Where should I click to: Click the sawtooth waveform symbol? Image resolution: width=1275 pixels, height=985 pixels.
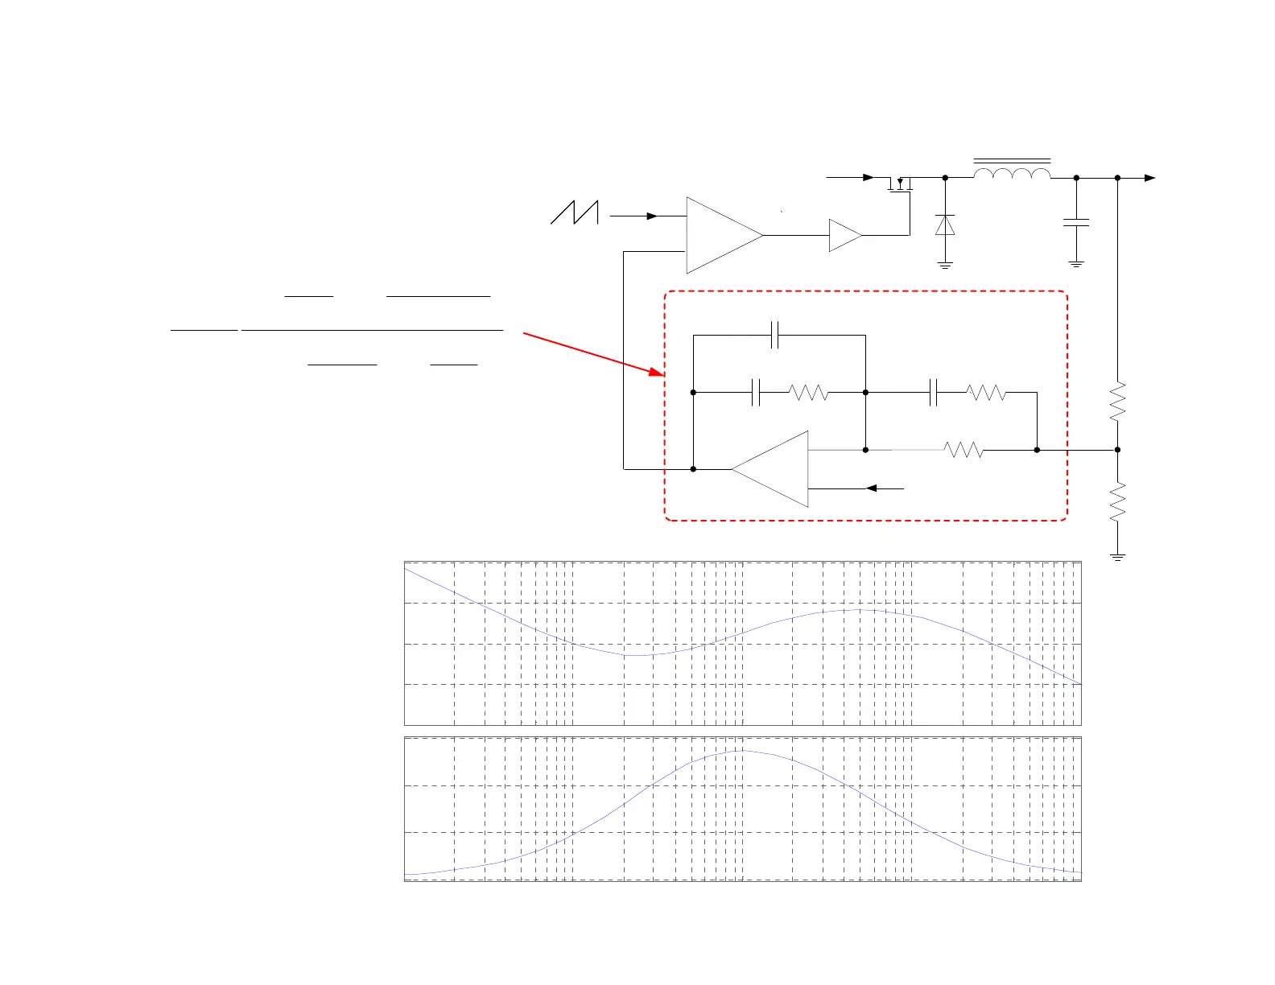click(x=575, y=212)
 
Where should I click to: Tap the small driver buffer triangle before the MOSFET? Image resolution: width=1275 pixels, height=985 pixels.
click(x=844, y=235)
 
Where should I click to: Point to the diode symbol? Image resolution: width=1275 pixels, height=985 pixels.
click(x=945, y=225)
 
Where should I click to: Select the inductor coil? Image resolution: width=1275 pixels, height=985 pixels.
click(x=1012, y=174)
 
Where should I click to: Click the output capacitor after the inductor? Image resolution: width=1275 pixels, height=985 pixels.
click(x=1076, y=222)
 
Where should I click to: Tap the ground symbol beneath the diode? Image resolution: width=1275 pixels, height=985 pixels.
click(x=945, y=265)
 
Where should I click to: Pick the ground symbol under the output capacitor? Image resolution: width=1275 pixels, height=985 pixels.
click(x=1076, y=264)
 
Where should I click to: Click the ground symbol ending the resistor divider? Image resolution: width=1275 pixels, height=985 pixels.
click(x=1117, y=556)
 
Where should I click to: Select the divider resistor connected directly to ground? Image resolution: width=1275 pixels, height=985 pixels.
click(x=1117, y=502)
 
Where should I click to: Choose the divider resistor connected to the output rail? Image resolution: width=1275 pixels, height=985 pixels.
click(x=1117, y=402)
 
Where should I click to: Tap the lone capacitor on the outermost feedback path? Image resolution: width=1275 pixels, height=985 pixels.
click(x=775, y=335)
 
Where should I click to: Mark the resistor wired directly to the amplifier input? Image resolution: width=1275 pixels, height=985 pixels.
click(x=963, y=450)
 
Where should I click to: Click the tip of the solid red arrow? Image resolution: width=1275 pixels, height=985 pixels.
click(x=662, y=374)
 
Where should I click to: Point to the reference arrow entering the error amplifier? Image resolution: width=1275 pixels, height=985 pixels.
click(x=872, y=488)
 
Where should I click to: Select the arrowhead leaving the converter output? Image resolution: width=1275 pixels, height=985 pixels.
click(x=1150, y=178)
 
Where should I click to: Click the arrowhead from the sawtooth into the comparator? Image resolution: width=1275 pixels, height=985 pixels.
click(x=653, y=216)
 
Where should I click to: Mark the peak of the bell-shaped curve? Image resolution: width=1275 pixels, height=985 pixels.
click(x=741, y=751)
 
